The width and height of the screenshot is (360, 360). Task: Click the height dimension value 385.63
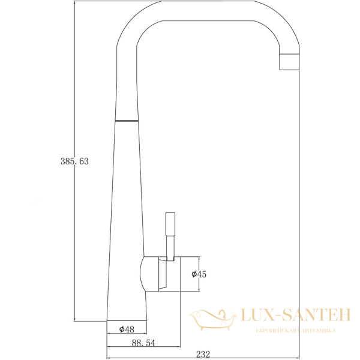(x=74, y=161)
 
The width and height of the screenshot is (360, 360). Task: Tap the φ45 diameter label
(x=199, y=274)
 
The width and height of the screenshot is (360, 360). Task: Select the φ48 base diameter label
(x=126, y=329)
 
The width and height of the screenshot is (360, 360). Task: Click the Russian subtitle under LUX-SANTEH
(x=296, y=331)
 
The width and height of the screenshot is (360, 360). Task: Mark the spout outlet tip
(x=289, y=61)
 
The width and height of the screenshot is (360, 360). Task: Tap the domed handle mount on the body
(x=150, y=274)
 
